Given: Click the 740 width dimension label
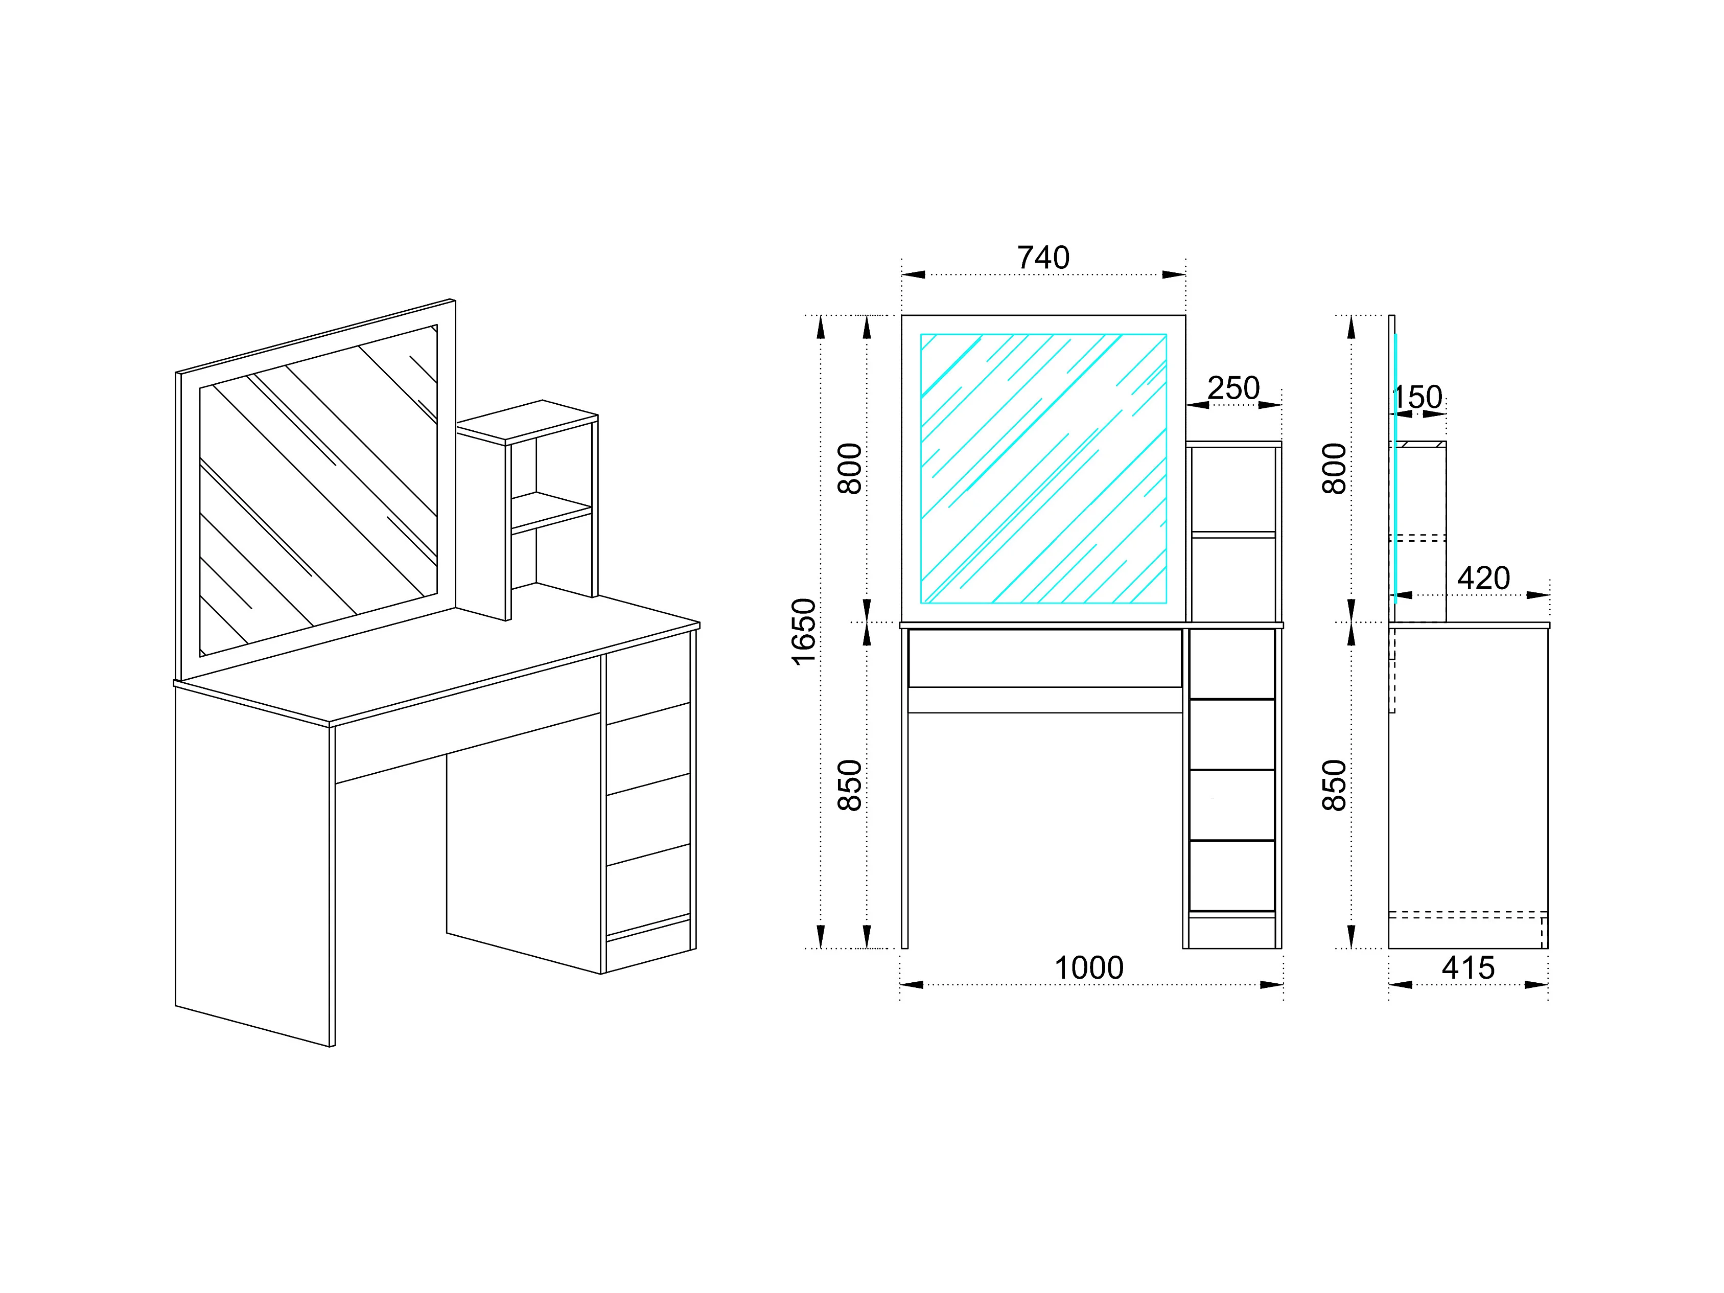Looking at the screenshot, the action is (x=1043, y=258).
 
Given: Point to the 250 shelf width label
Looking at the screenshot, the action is (x=1233, y=388).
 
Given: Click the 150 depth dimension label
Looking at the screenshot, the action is (x=1417, y=398).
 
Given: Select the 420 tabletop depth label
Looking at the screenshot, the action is (x=1483, y=579).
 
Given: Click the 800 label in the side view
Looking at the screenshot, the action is (x=1334, y=469).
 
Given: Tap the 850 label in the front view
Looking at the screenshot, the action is (x=850, y=785).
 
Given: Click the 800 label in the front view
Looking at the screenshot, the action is (x=850, y=469).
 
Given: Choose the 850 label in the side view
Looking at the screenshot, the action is (x=1334, y=785).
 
